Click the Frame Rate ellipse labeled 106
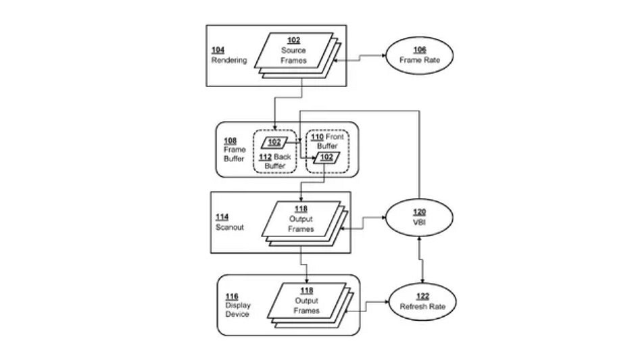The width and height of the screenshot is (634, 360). [414, 55]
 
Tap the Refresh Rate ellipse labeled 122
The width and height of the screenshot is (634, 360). [422, 301]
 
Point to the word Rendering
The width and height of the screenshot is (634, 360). [229, 60]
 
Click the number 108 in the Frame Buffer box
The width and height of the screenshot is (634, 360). [230, 140]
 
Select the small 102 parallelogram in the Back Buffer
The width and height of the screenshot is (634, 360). [274, 143]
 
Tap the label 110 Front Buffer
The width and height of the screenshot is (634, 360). [328, 140]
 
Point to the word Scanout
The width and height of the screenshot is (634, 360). [230, 227]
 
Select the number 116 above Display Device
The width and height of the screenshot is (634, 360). [230, 297]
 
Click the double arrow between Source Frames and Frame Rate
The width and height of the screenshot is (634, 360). [360, 59]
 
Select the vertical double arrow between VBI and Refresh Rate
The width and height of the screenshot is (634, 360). [422, 260]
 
